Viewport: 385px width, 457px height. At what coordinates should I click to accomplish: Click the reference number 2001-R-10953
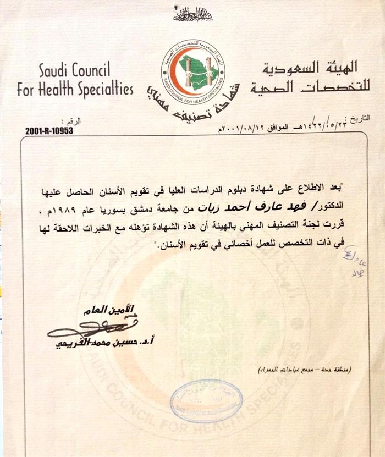pyautogui.click(x=49, y=131)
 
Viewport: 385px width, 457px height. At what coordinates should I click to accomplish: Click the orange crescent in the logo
pyautogui.click(x=175, y=69)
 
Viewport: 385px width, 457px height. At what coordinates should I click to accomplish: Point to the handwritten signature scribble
pyautogui.click(x=82, y=329)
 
